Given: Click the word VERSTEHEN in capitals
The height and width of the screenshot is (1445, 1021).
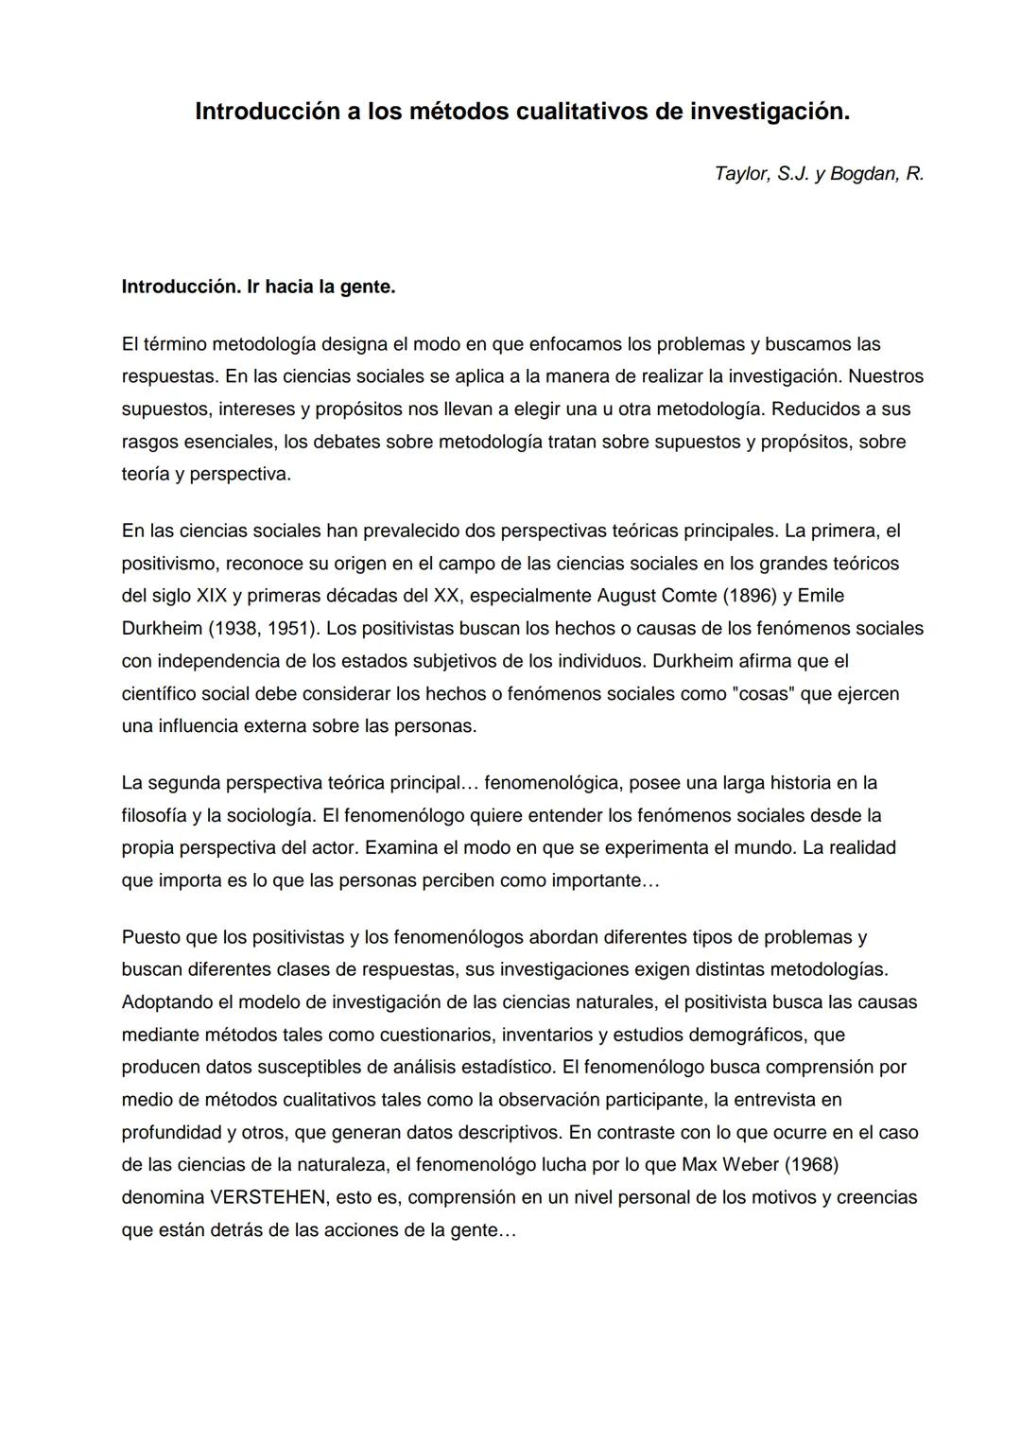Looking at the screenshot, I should click(x=268, y=1197).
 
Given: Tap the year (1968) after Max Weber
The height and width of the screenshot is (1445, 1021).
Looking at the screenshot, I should click(x=803, y=1164).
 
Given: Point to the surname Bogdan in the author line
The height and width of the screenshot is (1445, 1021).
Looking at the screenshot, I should click(x=865, y=174).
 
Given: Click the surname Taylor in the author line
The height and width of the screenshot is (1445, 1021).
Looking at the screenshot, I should click(x=742, y=174).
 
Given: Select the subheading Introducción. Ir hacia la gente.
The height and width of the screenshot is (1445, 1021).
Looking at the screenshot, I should click(x=258, y=287).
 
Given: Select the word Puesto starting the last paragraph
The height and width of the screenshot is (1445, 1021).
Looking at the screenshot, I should click(x=151, y=937).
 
